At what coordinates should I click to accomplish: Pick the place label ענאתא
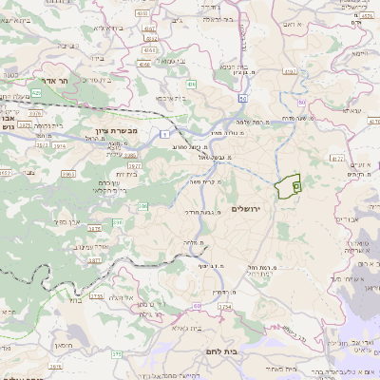[339, 111]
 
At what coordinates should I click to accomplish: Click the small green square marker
[296, 188]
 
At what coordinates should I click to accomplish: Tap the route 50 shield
[243, 98]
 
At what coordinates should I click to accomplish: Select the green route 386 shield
[119, 221]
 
